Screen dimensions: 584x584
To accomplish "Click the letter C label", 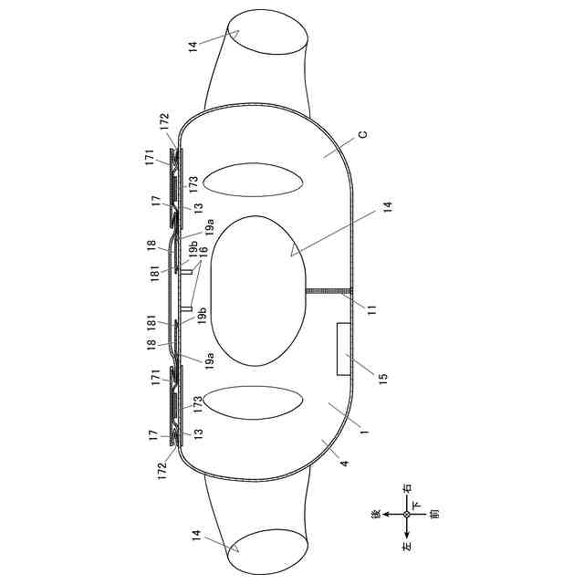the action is click(362, 134).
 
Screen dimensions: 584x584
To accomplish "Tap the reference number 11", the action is click(372, 310).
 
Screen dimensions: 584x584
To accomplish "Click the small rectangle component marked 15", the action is click(343, 349).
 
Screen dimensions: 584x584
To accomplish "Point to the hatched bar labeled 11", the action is click(328, 291).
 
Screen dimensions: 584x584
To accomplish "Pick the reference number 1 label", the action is click(364, 432).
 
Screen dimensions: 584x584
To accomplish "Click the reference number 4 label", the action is click(345, 464).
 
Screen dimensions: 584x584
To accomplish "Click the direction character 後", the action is click(376, 514).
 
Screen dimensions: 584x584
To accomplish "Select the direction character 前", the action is click(434, 514).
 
